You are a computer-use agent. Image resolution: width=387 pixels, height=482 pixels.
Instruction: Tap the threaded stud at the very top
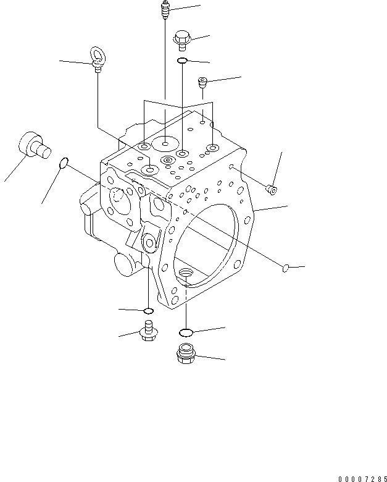point(165,11)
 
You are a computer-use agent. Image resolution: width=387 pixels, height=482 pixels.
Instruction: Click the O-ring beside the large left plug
point(63,163)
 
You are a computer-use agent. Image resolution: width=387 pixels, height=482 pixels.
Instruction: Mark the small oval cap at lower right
point(286,268)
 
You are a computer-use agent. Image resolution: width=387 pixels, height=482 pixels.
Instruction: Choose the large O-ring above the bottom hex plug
point(186,332)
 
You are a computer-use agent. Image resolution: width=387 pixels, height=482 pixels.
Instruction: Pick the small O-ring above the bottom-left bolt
point(148,310)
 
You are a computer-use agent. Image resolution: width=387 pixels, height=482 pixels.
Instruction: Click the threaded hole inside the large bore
point(185,272)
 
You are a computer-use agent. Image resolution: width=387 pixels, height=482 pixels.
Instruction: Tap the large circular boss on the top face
point(165,144)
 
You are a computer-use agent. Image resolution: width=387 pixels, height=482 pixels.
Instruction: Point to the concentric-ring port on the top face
point(167,160)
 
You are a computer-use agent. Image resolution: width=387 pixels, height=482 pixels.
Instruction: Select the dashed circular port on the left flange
point(119,197)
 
